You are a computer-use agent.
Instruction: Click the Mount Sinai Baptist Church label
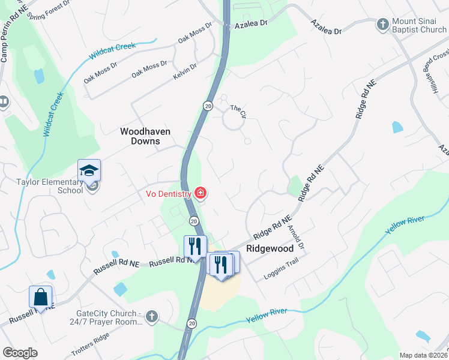[x=419, y=25]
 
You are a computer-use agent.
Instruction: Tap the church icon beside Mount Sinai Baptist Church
[x=382, y=25]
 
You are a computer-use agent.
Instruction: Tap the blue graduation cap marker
[x=89, y=171]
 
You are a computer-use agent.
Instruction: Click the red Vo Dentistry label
[x=168, y=194]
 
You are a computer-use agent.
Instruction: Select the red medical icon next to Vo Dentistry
[x=200, y=193]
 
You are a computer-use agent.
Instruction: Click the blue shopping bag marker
[x=40, y=297]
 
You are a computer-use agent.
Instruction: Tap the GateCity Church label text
[x=108, y=317]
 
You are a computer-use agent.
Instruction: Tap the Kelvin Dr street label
[x=185, y=70]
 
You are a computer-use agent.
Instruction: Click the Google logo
[x=20, y=352]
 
